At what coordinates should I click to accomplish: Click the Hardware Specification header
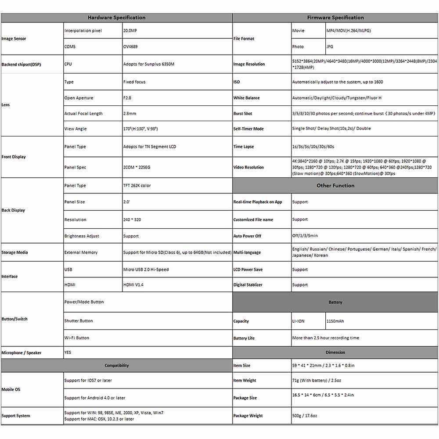point(116,18)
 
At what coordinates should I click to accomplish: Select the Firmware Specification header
point(335,18)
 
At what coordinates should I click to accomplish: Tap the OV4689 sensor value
point(130,47)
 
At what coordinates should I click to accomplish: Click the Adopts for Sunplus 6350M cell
point(149,64)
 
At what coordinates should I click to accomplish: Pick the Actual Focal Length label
point(83,113)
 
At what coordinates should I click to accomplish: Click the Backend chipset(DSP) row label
point(22,64)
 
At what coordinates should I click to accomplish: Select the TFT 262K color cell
point(137,185)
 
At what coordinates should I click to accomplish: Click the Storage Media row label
point(15,252)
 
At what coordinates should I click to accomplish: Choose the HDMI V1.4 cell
point(133,285)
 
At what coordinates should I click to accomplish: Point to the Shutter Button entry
point(79,321)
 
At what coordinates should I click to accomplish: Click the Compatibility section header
point(117,365)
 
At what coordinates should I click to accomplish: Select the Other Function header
point(335,185)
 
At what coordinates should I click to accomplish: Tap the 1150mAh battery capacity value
point(335,321)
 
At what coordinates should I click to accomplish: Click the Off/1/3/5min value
point(305,236)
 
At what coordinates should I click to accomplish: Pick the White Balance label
point(246,98)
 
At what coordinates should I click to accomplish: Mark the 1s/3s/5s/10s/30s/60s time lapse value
point(313,147)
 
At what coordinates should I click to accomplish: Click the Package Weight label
point(248,416)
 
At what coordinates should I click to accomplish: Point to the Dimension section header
point(335,352)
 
